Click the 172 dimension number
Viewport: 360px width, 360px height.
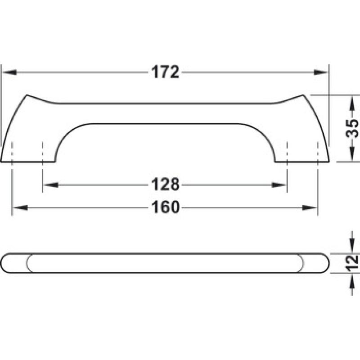point(165,72)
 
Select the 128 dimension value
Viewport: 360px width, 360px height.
point(165,184)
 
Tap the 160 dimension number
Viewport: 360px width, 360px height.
point(165,207)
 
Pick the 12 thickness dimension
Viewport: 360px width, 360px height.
point(352,263)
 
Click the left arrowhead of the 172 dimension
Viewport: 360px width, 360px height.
point(9,72)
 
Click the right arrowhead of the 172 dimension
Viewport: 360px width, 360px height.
point(321,72)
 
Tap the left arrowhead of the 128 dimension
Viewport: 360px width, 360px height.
point(50,185)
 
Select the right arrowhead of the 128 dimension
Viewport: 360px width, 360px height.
point(279,185)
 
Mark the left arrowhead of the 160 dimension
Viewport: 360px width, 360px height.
point(20,208)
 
